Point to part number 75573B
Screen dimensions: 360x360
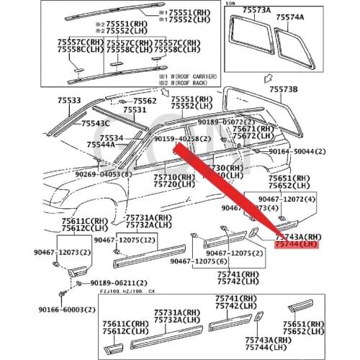[x=283, y=89]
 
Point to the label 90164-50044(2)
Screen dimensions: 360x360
[x=297, y=153]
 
